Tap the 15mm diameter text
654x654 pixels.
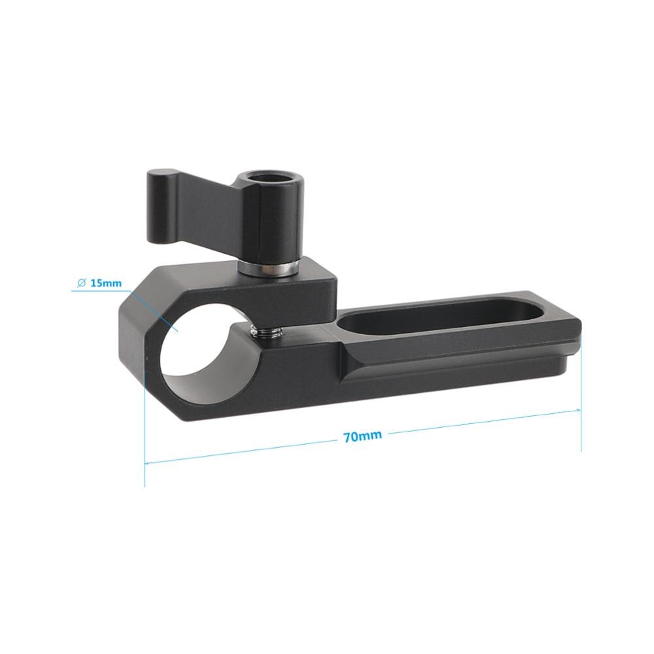[105, 283]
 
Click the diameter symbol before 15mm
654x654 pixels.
[82, 283]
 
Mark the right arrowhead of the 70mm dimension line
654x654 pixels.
[577, 410]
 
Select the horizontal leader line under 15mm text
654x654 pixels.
[98, 291]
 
